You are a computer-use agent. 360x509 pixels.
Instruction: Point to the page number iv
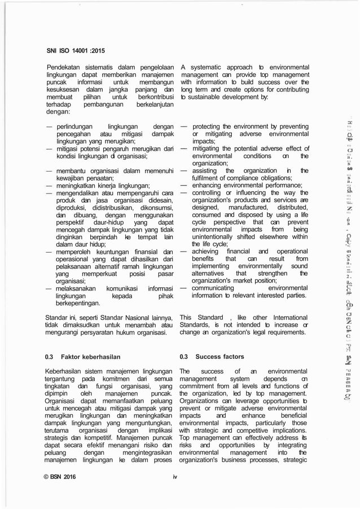coord(175,477)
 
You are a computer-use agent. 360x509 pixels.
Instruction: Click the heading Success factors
coord(219,357)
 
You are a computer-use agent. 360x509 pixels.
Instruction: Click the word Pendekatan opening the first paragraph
coord(65,68)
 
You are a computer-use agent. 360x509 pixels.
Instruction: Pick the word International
coord(286,317)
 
